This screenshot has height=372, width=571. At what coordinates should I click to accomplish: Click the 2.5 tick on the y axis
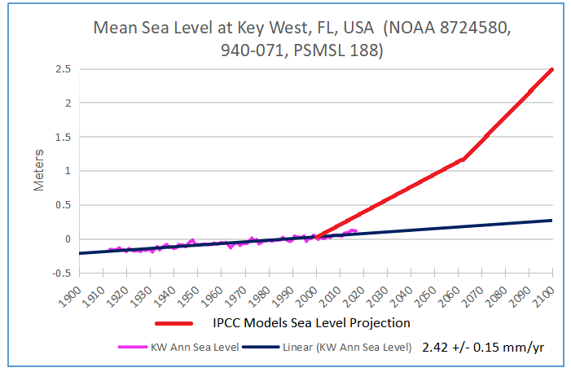(60, 69)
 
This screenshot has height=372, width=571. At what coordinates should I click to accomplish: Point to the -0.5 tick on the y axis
(58, 273)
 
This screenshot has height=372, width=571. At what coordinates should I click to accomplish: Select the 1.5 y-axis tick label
(60, 137)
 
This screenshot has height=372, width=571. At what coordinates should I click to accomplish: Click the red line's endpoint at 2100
(552, 69)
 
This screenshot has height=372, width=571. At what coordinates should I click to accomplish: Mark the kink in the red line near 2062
(463, 160)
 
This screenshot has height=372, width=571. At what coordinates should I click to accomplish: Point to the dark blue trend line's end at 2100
(552, 220)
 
